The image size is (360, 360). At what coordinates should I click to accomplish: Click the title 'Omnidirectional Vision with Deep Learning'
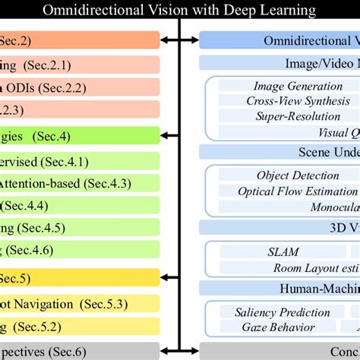(x=179, y=11)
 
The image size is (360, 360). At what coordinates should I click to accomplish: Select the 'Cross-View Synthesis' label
(x=293, y=101)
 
